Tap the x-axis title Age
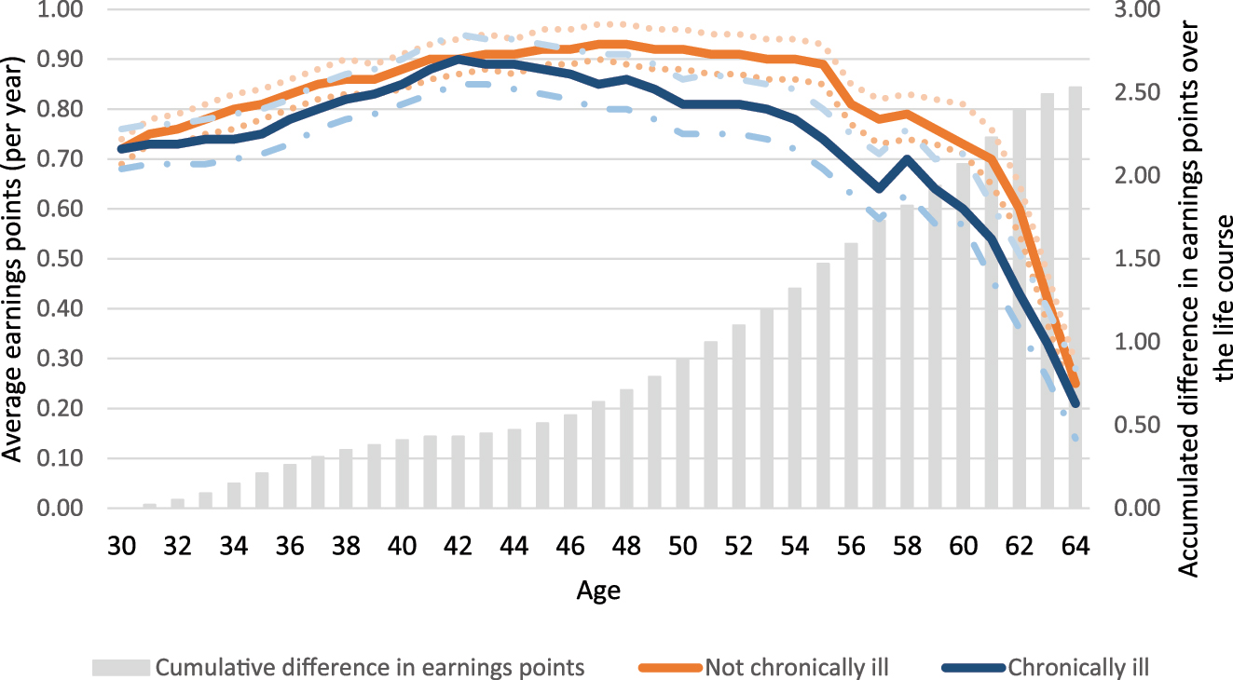click(598, 591)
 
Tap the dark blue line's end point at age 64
click(1076, 403)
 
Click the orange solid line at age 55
click(823, 64)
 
